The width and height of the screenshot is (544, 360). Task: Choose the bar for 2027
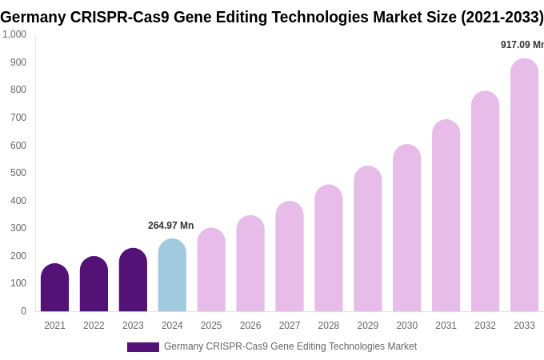(290, 257)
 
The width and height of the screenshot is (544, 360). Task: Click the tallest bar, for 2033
(524, 186)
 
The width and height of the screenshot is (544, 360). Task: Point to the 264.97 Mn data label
(170, 226)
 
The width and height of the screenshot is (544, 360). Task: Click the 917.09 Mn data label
(522, 45)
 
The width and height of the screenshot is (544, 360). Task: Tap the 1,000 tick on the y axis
(14, 34)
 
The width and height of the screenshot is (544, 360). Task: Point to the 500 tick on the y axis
(18, 173)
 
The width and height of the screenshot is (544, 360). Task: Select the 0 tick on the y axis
(23, 311)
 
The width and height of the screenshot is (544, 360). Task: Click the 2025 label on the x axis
(211, 326)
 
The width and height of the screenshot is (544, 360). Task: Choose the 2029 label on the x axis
(368, 326)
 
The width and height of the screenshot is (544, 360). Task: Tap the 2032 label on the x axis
(485, 326)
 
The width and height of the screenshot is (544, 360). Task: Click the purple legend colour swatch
(143, 347)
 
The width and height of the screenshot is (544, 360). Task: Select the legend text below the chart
(290, 346)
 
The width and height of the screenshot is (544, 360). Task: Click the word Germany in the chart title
(33, 17)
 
